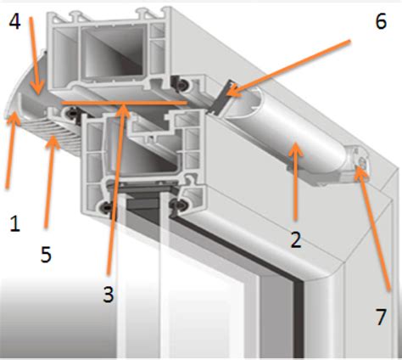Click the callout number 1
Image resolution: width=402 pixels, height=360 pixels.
[14, 223]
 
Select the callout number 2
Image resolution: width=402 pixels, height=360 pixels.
[296, 239]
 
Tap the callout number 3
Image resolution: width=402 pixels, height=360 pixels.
[109, 295]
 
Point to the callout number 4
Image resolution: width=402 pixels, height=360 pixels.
[14, 21]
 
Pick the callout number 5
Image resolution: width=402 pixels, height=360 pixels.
[46, 254]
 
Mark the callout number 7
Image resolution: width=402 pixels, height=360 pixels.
[381, 317]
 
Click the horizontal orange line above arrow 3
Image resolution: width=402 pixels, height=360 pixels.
[124, 103]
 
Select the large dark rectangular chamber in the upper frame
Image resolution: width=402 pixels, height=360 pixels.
[113, 51]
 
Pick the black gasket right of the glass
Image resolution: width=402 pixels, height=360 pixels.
[177, 205]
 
